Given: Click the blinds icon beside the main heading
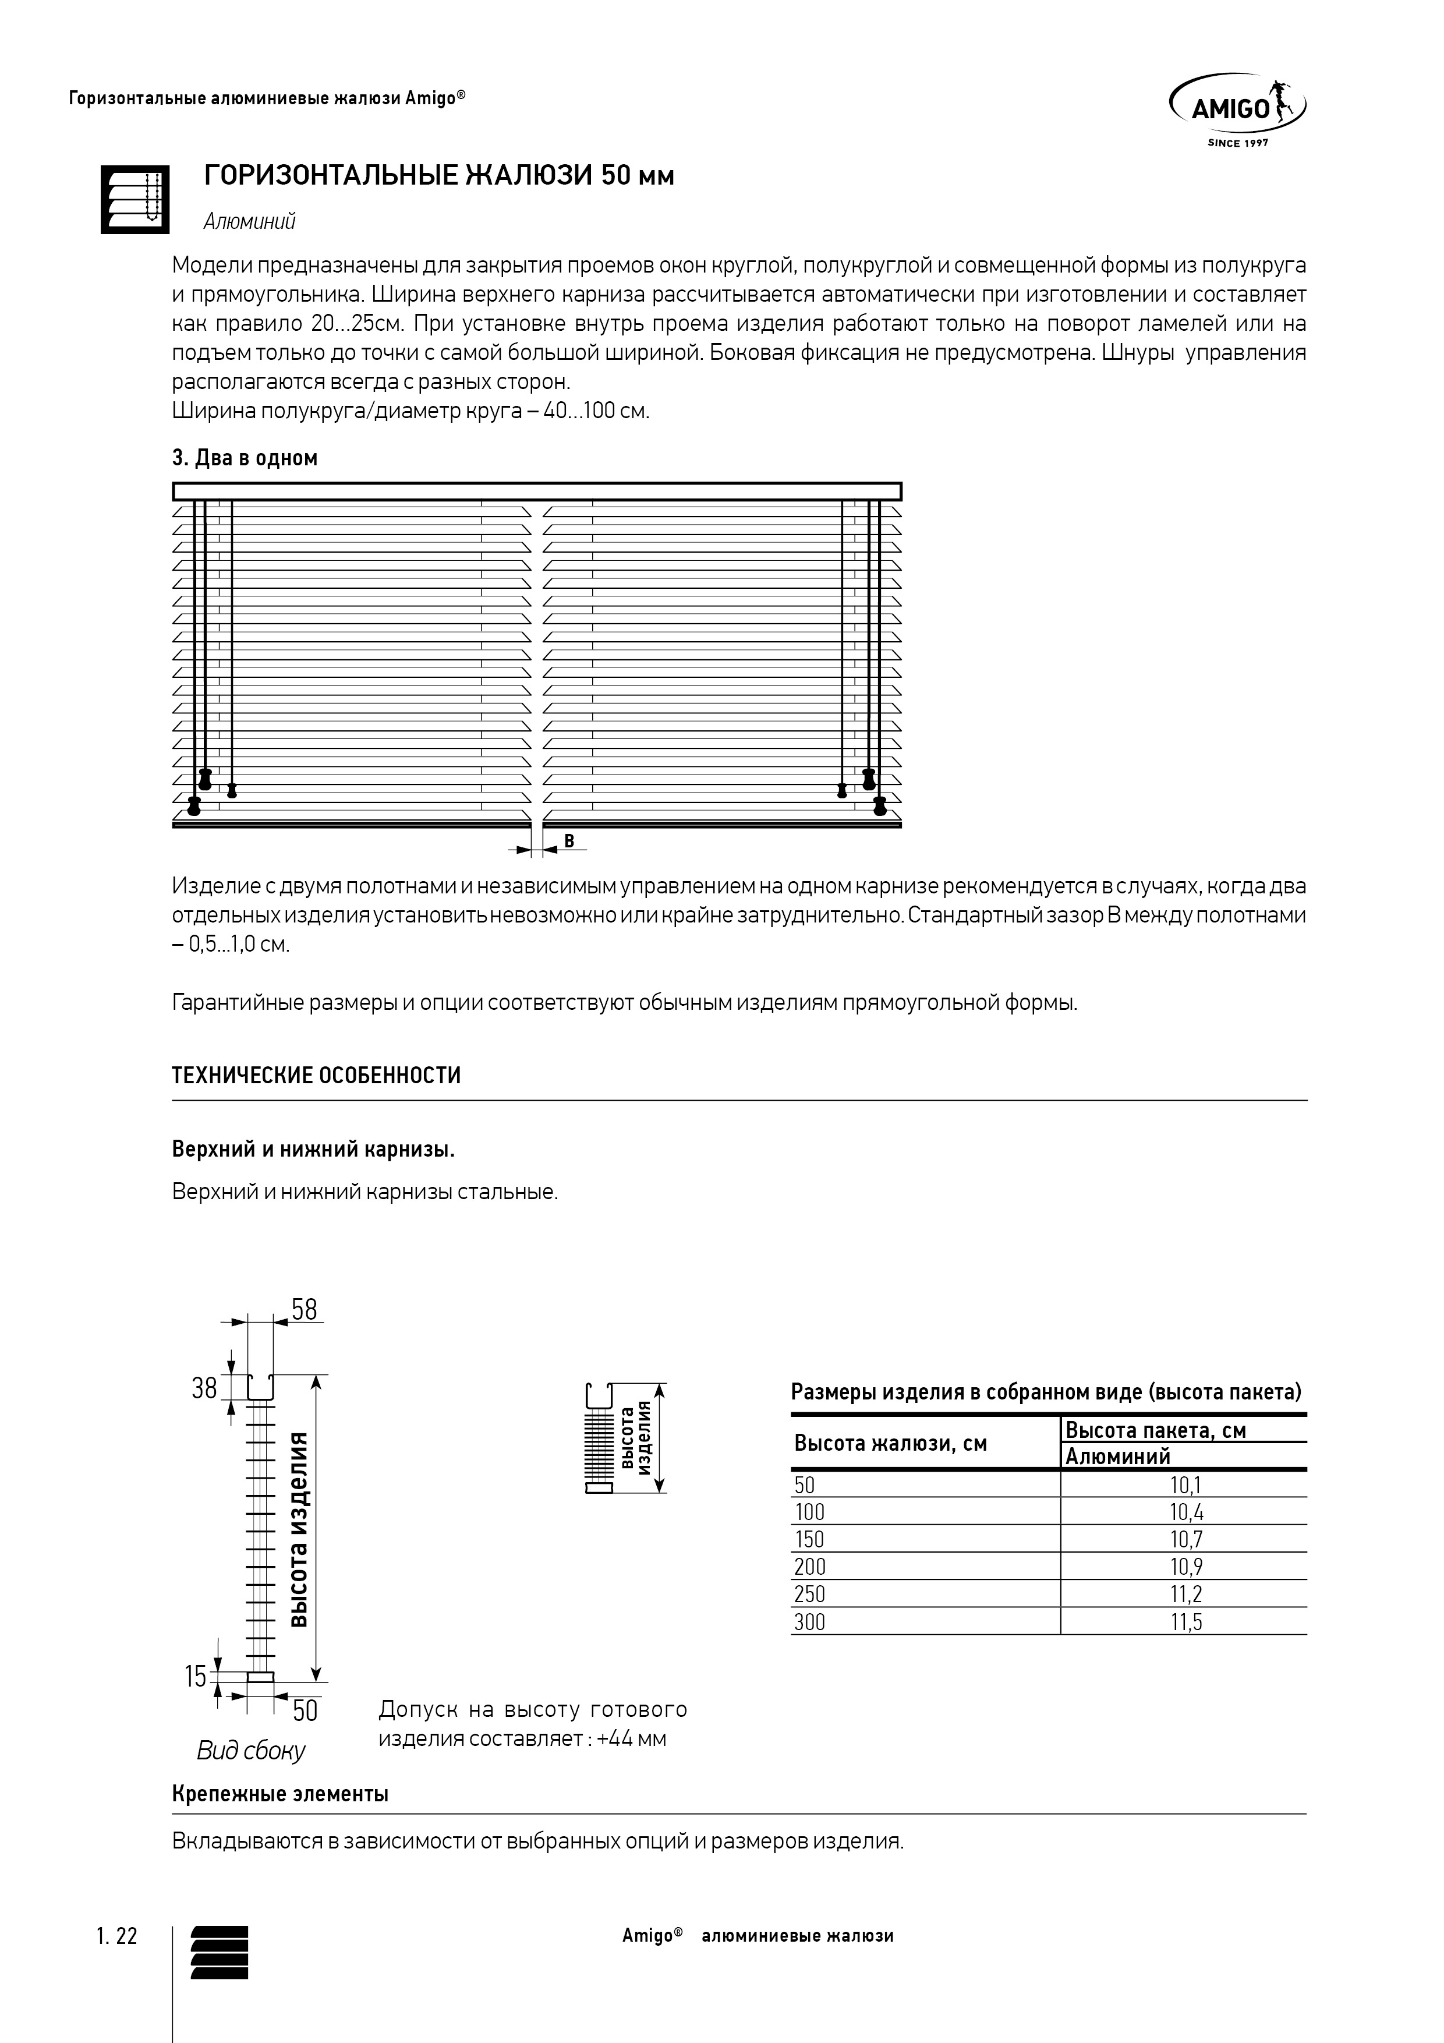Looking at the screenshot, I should click(135, 199).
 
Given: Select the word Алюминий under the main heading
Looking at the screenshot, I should click(249, 221).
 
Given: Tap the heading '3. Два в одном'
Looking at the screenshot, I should click(245, 458).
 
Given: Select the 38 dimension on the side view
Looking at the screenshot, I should click(204, 1388).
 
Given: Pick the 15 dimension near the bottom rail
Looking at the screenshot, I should click(196, 1677).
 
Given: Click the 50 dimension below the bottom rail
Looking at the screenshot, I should click(305, 1710).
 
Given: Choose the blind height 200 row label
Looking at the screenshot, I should click(810, 1567).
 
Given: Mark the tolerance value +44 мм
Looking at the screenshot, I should click(632, 1738).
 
